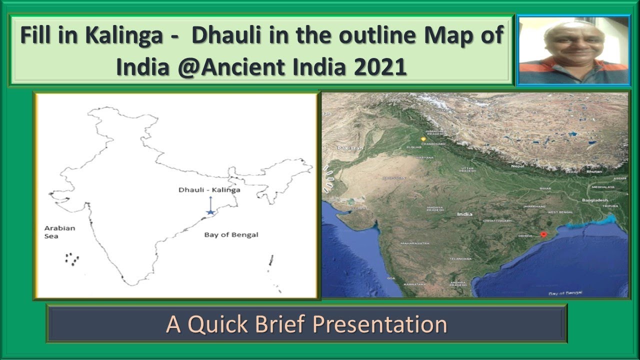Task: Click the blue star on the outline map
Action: coord(210,212)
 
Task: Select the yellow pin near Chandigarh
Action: coord(424,138)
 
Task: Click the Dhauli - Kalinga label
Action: coord(209,190)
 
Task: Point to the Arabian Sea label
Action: coord(59,232)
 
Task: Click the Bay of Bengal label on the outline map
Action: coord(231,234)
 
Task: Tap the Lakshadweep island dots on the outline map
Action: coord(72,259)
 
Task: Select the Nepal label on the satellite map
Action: coord(517,166)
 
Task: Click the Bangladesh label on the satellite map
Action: coord(593,200)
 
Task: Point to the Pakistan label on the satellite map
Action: coord(349,148)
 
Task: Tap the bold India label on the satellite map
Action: coord(464,214)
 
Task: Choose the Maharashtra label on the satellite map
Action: coord(414,243)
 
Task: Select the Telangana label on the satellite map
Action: coord(460,259)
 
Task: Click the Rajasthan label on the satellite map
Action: coord(393,177)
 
